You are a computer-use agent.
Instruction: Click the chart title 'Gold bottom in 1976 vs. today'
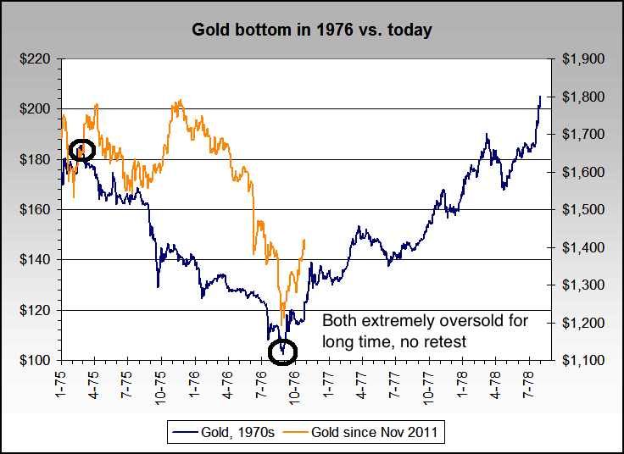[x=312, y=30]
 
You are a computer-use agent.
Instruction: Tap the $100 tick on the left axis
[x=36, y=361]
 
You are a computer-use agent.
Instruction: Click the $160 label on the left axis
[x=36, y=210]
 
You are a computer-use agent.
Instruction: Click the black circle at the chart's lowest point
[x=282, y=351]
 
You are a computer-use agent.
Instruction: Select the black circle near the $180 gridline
[x=81, y=150]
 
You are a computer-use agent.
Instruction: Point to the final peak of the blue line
[x=540, y=97]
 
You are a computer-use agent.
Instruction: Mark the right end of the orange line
[x=304, y=240]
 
